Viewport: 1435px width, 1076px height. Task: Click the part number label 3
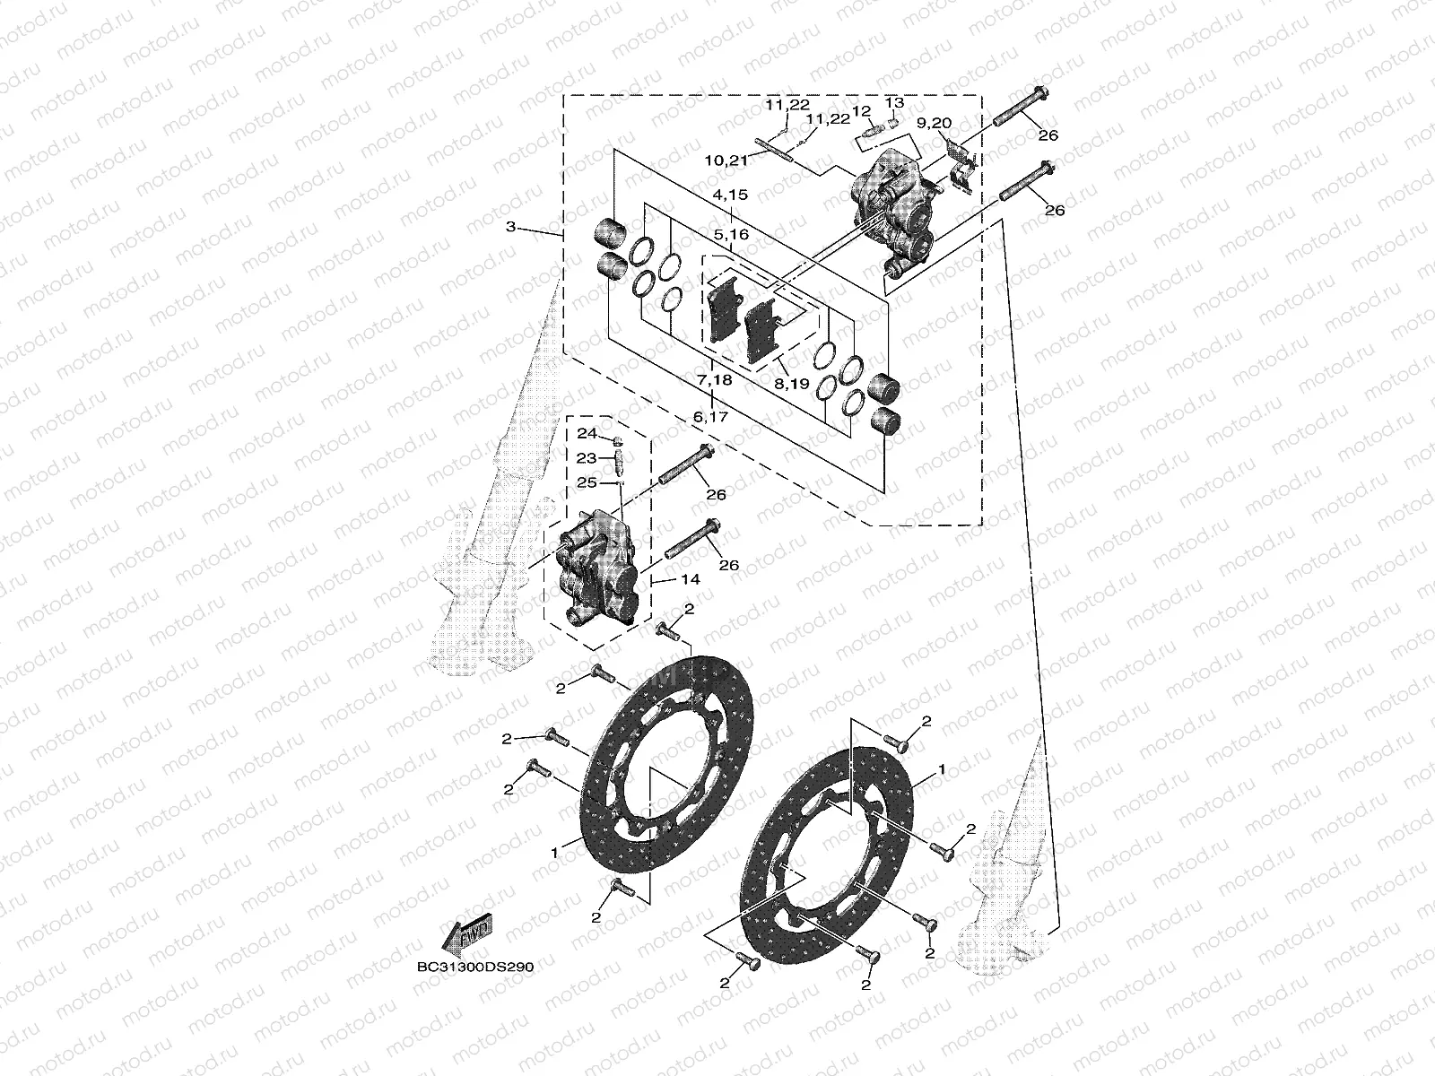510,228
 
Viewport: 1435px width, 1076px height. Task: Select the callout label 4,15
730,195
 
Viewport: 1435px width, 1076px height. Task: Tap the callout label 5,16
730,234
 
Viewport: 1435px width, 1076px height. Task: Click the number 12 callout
862,111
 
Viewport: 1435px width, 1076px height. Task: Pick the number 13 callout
894,102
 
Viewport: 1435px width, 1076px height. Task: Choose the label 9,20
935,122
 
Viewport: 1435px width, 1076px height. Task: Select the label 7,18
715,380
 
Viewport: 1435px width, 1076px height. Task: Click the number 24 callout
587,434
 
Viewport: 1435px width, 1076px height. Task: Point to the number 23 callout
587,458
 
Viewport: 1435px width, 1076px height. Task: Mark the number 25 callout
587,482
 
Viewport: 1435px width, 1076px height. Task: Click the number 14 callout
689,580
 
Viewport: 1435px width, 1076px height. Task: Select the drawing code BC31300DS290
474,968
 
